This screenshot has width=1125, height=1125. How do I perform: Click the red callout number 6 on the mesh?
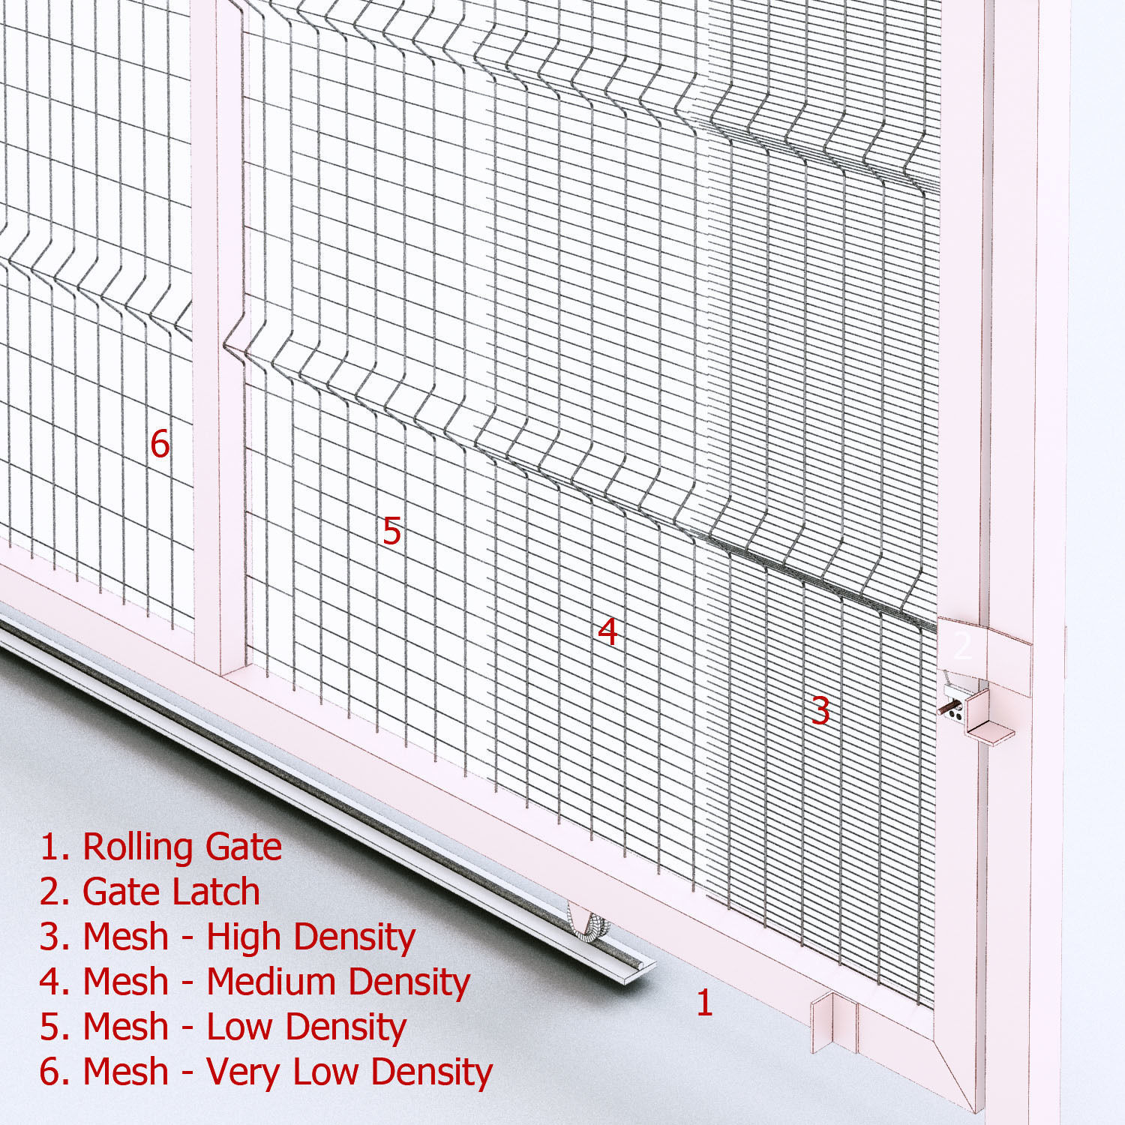(160, 443)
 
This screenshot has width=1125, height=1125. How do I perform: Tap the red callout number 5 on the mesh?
(391, 531)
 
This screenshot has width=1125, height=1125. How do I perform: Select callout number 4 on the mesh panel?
(607, 631)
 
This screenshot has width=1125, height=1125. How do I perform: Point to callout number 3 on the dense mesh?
(820, 710)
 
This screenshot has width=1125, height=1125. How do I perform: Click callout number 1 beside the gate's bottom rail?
(703, 1003)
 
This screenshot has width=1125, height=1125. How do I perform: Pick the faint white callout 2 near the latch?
(961, 646)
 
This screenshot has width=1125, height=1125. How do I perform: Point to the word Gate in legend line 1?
(243, 847)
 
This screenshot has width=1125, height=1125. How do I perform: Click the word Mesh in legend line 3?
(125, 937)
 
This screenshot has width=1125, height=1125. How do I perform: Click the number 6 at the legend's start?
(53, 1072)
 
